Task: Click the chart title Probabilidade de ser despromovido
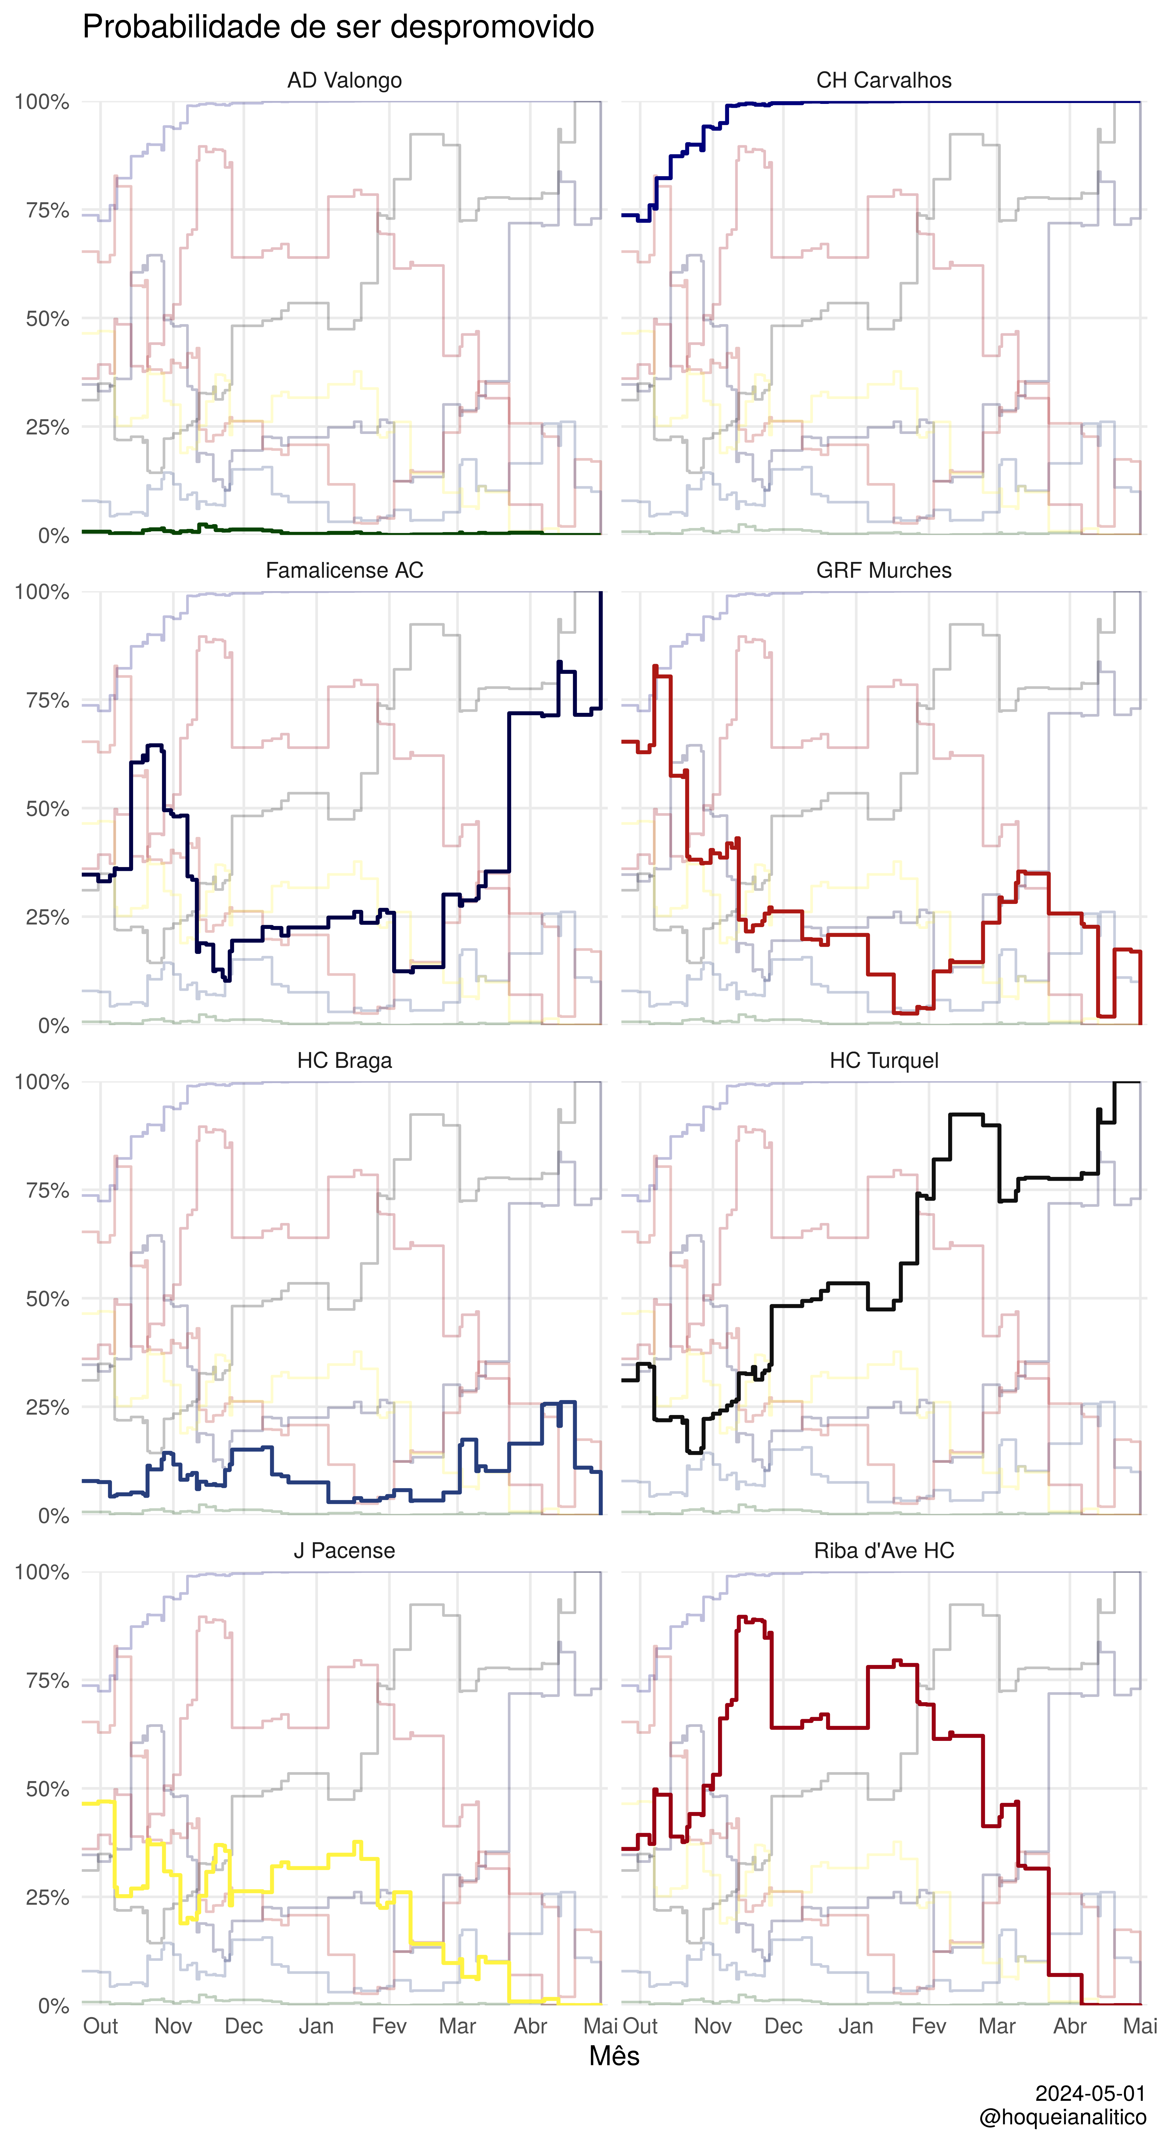click(338, 27)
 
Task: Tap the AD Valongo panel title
click(344, 81)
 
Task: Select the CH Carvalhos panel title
click(884, 81)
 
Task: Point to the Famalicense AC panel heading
click(344, 571)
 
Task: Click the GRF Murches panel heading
click(884, 571)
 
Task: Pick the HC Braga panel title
click(344, 1061)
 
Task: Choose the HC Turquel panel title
click(884, 1061)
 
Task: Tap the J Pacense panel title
click(344, 1551)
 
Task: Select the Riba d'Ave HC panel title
click(884, 1551)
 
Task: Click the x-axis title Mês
click(614, 2056)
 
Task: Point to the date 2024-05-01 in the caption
click(1090, 2093)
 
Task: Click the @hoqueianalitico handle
click(1063, 2117)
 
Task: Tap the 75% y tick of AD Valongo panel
click(47, 210)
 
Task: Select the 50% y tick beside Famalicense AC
click(47, 809)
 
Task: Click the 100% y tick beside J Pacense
click(42, 1572)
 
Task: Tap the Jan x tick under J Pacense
click(316, 2027)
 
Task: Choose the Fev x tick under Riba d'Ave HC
click(929, 2027)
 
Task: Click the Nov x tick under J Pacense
click(173, 2027)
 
